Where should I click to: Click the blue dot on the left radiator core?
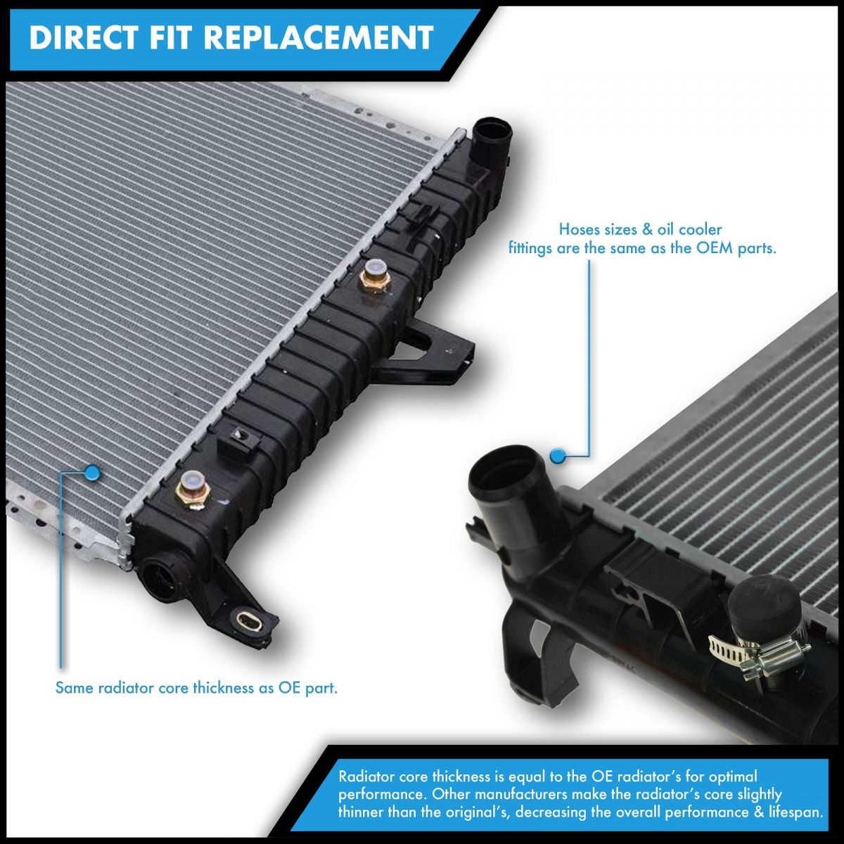pyautogui.click(x=91, y=472)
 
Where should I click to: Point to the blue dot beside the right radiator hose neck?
pyautogui.click(x=557, y=456)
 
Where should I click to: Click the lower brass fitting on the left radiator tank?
pyautogui.click(x=191, y=486)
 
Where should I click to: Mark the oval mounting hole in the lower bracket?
pyautogui.click(x=250, y=620)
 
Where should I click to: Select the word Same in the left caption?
pyautogui.click(x=74, y=688)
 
